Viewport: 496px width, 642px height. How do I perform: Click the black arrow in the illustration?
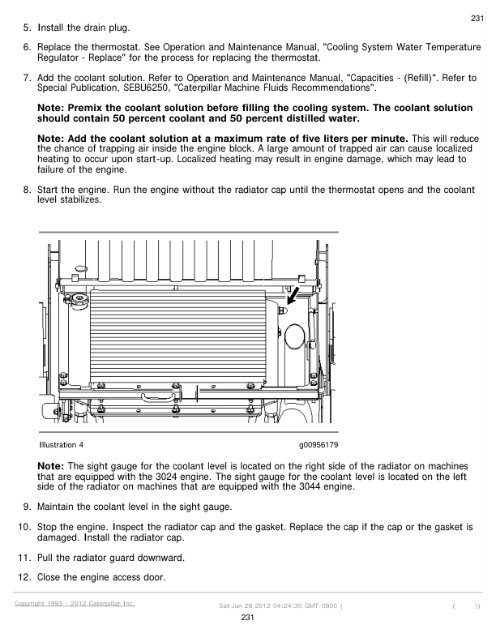click(296, 293)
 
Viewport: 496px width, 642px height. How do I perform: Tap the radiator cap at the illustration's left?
click(79, 301)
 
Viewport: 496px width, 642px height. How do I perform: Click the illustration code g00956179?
click(318, 446)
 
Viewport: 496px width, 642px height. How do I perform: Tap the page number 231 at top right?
click(477, 19)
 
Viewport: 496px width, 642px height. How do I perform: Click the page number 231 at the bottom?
click(248, 618)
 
